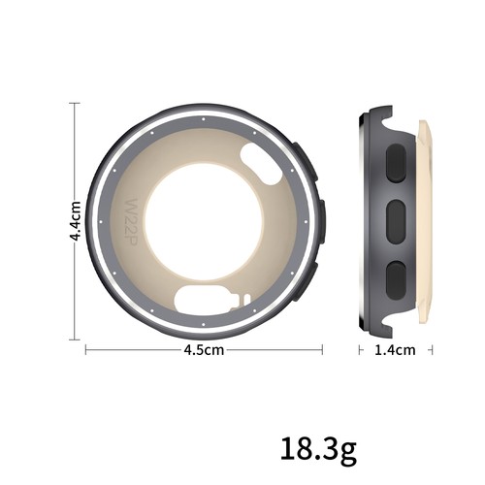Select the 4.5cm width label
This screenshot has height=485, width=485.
205,349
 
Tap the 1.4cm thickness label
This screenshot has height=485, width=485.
395,349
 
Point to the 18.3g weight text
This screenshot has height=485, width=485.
319,449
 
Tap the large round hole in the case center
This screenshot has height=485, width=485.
205,219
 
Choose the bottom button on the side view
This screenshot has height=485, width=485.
397,278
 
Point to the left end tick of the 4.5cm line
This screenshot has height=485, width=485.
86,349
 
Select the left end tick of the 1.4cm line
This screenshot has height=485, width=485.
359,349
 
